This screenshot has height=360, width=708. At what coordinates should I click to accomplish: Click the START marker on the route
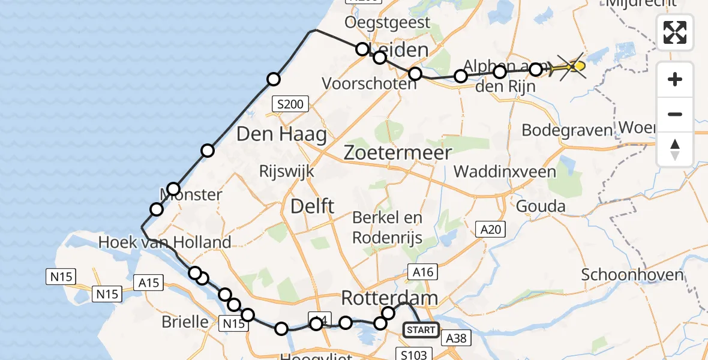point(421,329)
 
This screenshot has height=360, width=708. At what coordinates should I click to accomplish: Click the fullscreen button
point(675,32)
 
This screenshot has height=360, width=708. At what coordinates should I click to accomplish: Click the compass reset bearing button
point(675,149)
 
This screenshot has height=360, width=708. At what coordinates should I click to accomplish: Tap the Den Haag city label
point(281,134)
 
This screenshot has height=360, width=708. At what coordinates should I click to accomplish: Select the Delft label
point(312,206)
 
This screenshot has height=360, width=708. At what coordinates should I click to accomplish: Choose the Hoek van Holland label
point(165,242)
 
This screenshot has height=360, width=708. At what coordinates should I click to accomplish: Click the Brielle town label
point(185,322)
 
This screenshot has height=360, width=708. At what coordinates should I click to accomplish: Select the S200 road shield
point(290,104)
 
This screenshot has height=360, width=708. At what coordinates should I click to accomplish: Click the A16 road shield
point(422,272)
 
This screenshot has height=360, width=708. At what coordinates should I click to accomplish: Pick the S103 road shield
point(414,354)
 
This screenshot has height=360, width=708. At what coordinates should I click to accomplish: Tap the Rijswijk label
point(286,171)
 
